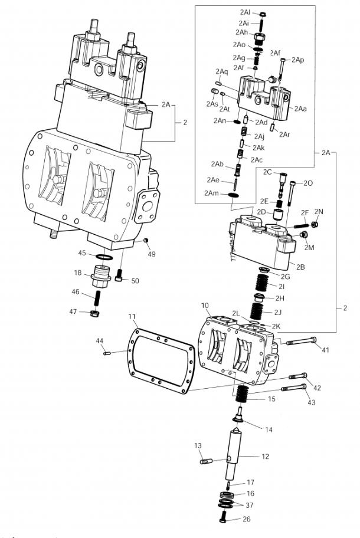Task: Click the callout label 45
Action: tap(83, 254)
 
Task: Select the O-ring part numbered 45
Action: tap(103, 257)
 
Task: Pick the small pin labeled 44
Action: tap(107, 353)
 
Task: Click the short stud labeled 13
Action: tap(205, 461)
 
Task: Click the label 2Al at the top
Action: tap(245, 12)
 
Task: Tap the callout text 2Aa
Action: tap(301, 109)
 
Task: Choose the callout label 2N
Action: tap(319, 211)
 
